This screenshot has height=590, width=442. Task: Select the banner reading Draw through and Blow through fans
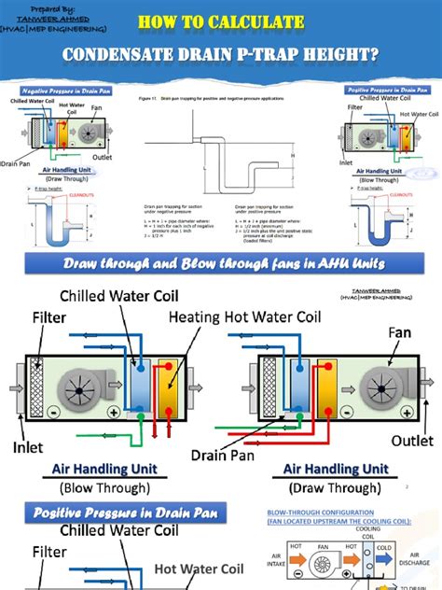[x=220, y=264]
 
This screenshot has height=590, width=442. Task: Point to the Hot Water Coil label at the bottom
[x=199, y=568]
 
